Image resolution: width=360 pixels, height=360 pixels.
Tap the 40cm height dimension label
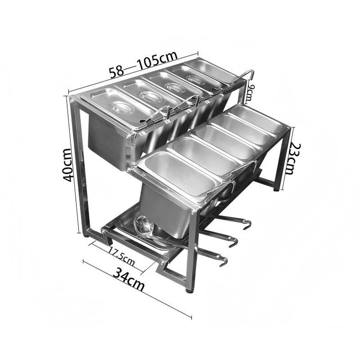click(x=69, y=165)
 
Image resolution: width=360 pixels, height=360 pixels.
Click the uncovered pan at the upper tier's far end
click(x=211, y=70)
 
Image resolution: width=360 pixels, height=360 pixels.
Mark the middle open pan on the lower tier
click(x=220, y=142)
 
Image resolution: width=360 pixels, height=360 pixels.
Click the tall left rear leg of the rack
click(x=75, y=166)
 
